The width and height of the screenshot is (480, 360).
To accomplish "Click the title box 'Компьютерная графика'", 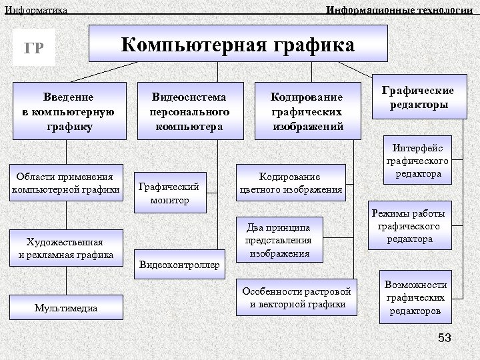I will pos(238,45).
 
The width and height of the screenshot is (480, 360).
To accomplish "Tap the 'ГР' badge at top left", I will pos(35,48).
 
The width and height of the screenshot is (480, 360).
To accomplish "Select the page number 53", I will pos(444,339).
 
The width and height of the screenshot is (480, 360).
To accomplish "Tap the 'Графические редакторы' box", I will pos(417,98).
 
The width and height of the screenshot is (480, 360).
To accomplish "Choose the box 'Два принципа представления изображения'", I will pos(278,239).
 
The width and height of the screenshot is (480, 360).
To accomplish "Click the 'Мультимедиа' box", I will pos(65,307).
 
